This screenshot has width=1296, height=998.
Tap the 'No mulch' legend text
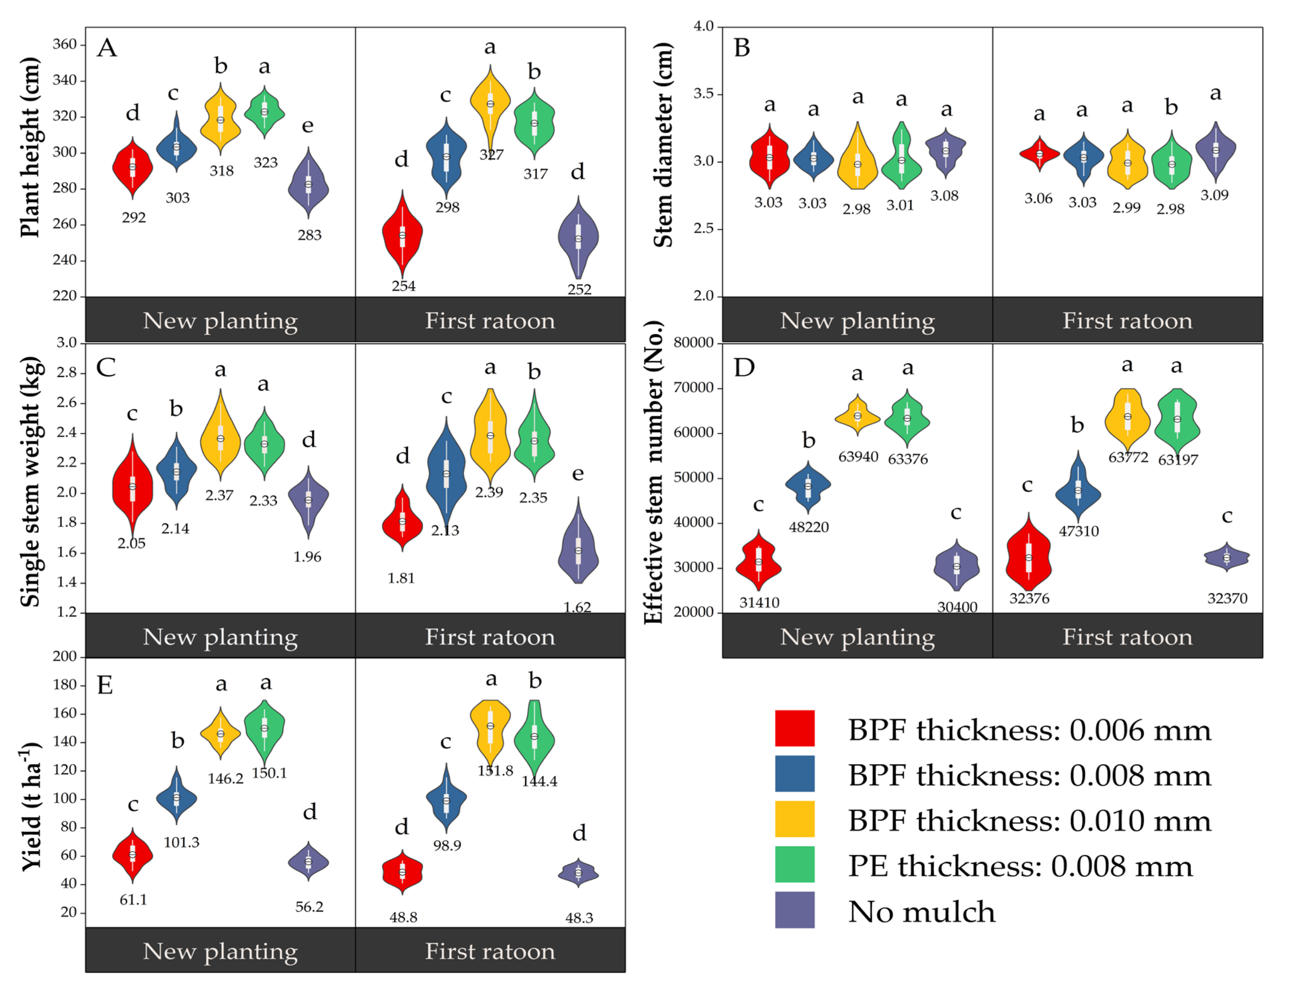click(921, 911)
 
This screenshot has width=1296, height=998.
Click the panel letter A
click(107, 47)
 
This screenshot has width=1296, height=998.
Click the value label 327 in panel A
click(491, 155)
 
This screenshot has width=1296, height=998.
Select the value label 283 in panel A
click(309, 235)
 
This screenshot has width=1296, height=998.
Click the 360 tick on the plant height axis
click(65, 45)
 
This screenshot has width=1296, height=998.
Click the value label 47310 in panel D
click(1079, 531)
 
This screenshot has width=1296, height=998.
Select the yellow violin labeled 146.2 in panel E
click(221, 733)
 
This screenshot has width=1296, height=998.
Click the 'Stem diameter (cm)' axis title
click(663, 145)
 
